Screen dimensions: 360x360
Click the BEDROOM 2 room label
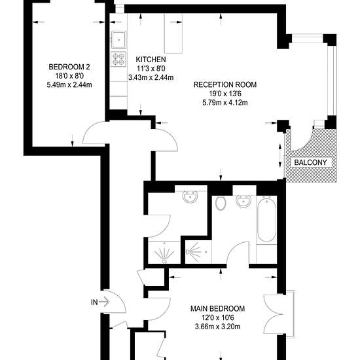click(x=69, y=67)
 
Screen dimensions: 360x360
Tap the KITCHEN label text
click(x=151, y=60)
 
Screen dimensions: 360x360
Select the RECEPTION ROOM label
click(x=225, y=84)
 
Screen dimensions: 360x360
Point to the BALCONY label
click(x=310, y=162)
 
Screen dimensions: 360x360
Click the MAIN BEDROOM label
click(x=218, y=308)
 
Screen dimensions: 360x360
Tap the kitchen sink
click(x=119, y=40)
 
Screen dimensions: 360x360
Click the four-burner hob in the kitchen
click(x=118, y=59)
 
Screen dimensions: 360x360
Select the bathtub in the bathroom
click(x=266, y=219)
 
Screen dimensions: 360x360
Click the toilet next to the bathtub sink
click(x=221, y=203)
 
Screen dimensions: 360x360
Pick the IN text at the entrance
click(x=94, y=302)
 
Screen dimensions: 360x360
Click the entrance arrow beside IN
click(x=104, y=302)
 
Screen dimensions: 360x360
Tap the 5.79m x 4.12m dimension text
click(x=225, y=103)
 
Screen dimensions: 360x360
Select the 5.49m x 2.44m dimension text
click(x=69, y=85)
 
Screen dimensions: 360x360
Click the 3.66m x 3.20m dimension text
click(x=218, y=327)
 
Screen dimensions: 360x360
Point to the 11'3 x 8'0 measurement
click(x=151, y=69)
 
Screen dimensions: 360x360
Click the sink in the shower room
click(x=190, y=197)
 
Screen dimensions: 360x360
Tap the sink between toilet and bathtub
click(x=243, y=201)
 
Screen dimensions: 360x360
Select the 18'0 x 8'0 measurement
click(x=69, y=76)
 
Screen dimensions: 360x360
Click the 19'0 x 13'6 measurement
click(x=225, y=94)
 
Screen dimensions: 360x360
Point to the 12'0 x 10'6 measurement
click(x=218, y=317)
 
